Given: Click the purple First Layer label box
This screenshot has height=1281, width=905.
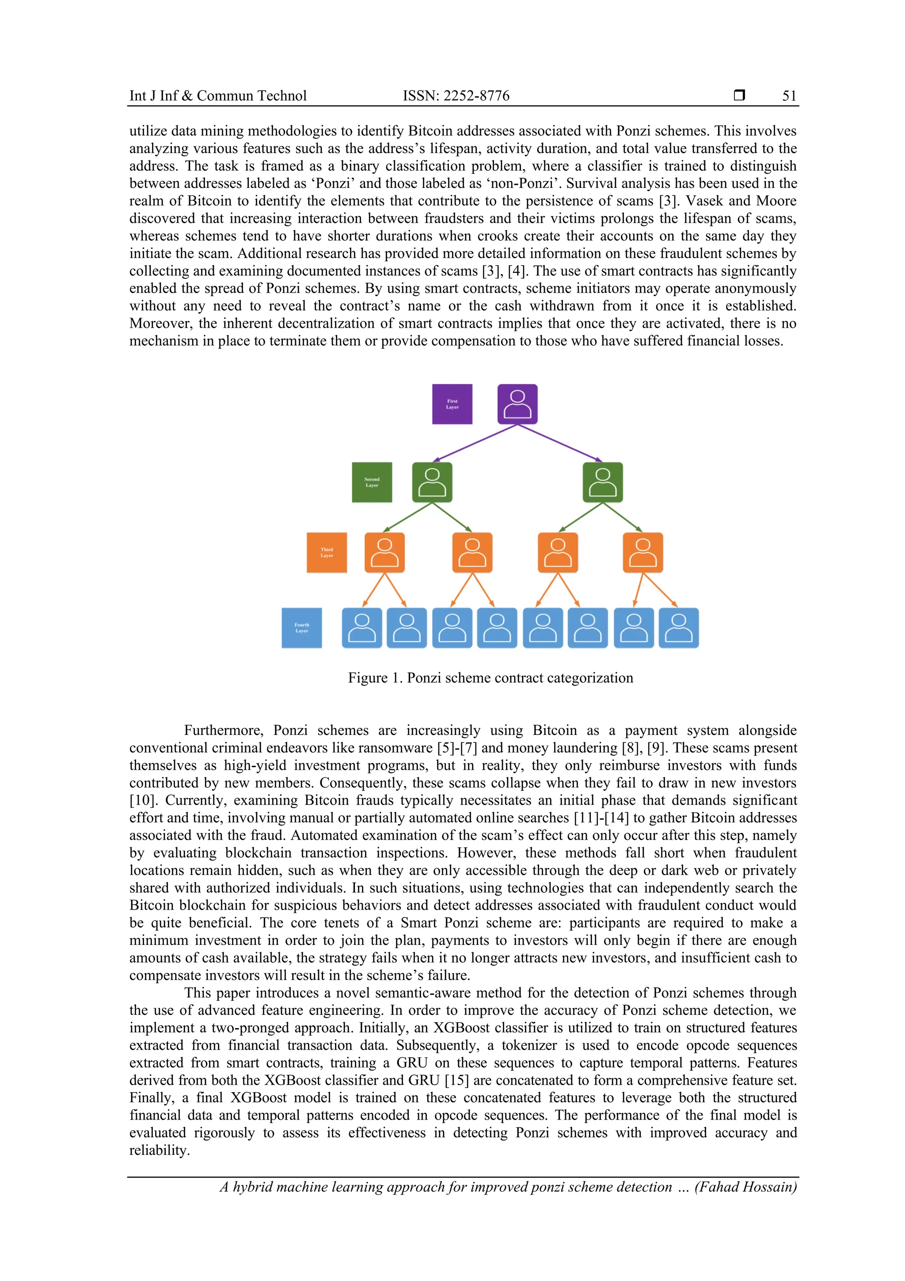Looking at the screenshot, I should point(452,404).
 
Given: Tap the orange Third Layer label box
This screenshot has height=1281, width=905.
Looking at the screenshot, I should point(326,552).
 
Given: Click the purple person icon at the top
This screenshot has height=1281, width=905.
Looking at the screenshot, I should point(517,404).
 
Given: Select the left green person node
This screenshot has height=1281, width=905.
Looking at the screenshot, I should point(432,482).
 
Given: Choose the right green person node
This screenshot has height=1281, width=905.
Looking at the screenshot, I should point(602,482).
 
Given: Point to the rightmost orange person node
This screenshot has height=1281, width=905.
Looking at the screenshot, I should point(643,552).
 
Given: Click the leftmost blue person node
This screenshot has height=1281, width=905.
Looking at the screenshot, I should point(361,627).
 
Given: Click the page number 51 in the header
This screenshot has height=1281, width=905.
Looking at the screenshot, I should point(789,96).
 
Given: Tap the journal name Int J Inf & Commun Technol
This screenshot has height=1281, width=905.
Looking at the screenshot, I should point(218,96).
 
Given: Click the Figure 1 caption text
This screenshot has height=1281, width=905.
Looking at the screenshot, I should point(490,678).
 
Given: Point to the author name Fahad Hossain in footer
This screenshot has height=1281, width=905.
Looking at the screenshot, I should point(745,1187).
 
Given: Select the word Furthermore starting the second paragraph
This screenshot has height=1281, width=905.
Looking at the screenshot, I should point(224,730).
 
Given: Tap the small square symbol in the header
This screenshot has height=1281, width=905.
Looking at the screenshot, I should point(739,96).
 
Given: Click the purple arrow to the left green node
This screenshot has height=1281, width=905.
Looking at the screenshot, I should point(475,443).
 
